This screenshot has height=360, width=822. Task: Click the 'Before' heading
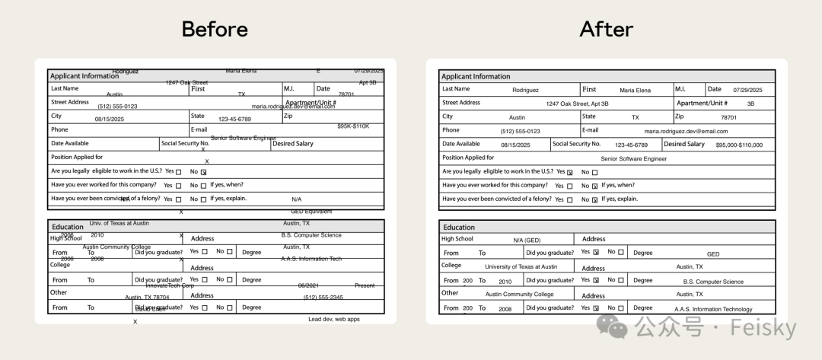point(215,29)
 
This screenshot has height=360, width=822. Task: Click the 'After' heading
point(607,29)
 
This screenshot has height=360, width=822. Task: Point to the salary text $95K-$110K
point(352,126)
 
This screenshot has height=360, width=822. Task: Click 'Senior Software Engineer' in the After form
point(633,159)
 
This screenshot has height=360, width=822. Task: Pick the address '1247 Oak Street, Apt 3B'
point(577,104)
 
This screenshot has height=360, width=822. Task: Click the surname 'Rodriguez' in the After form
point(525,90)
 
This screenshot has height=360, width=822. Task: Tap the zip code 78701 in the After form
point(728,118)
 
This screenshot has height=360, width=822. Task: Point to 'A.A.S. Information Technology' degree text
point(713,310)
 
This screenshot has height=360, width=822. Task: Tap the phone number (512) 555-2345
point(323,298)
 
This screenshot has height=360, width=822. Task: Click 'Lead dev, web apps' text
point(333,320)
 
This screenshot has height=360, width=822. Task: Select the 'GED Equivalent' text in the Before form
point(311,212)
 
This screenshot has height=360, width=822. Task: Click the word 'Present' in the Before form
point(365,285)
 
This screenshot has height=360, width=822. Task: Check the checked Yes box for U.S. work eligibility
point(569,173)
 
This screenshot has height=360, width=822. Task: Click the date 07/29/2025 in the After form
point(747,90)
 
